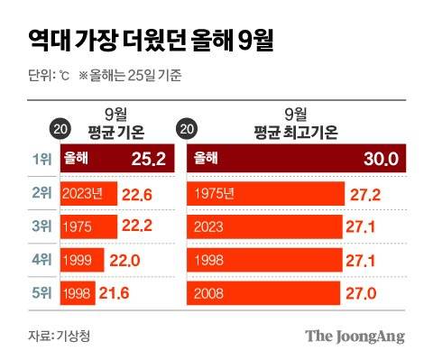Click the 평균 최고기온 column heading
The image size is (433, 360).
[295, 132]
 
